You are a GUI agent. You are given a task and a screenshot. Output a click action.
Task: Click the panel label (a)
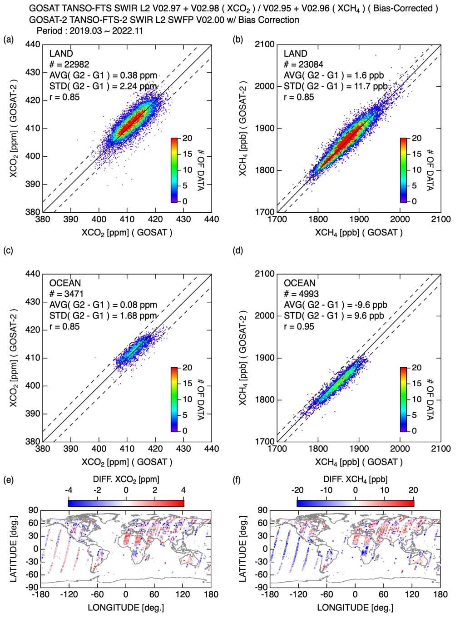(8, 40)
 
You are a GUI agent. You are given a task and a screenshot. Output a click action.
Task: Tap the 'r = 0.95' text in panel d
(299, 326)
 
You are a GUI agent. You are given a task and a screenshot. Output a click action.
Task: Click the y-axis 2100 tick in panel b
(265, 45)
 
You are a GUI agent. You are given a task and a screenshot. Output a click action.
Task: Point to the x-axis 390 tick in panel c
(70, 449)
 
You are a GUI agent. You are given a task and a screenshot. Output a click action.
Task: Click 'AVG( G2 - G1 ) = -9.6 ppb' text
(335, 305)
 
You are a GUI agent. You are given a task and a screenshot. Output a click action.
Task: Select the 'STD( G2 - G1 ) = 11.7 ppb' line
(335, 86)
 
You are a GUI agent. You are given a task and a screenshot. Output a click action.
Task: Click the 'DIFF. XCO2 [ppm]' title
(126, 479)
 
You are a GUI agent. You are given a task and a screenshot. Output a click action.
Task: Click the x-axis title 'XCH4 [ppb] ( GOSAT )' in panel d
(359, 462)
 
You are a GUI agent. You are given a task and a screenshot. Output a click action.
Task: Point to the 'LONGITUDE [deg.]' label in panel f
(355, 607)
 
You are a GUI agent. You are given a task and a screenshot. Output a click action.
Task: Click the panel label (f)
(237, 480)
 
